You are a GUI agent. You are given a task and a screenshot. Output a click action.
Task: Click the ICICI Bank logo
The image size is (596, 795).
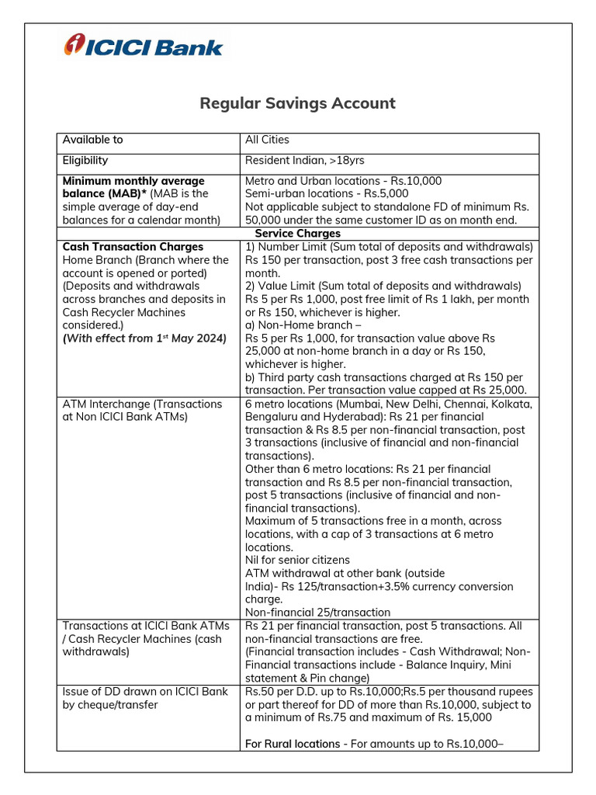[x=144, y=46]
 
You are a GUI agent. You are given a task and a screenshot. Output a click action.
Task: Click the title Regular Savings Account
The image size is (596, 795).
[x=298, y=103]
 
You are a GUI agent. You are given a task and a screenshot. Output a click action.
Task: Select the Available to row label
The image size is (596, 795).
[x=92, y=140]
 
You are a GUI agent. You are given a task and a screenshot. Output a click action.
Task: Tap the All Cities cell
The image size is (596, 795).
[x=267, y=140]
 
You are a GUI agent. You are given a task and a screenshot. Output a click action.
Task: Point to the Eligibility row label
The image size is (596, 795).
[x=85, y=161]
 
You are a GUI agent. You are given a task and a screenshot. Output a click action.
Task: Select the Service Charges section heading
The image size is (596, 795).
[x=298, y=233]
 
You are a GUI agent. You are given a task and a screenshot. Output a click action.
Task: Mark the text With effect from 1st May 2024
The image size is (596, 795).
[x=144, y=338]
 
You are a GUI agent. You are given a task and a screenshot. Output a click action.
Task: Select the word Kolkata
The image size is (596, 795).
[x=511, y=404]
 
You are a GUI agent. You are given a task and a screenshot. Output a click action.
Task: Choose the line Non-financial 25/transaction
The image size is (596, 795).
[x=317, y=613]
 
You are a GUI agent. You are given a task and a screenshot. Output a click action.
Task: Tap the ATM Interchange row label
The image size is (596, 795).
[x=142, y=404]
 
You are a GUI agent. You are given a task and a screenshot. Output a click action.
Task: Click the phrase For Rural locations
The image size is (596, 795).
[x=293, y=744]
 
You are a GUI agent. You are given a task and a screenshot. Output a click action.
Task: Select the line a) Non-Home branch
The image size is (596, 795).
[x=298, y=325]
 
